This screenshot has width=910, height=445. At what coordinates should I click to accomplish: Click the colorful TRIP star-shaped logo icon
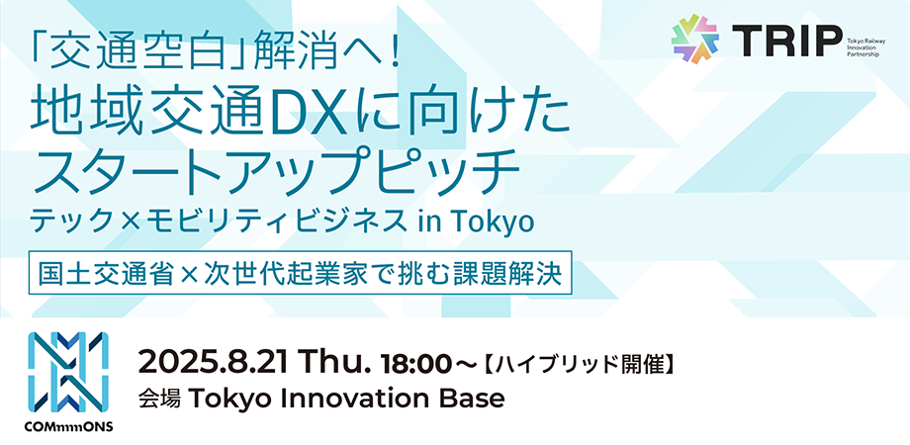pyautogui.click(x=695, y=39)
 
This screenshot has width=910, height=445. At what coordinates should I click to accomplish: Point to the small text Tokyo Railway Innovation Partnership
pyautogui.click(x=864, y=44)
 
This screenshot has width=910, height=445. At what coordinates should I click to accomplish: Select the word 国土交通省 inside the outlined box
pyautogui.click(x=106, y=273)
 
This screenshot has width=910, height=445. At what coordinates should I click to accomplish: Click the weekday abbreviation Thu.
pyautogui.click(x=332, y=364)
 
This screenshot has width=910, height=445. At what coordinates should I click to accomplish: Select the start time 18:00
pyautogui.click(x=415, y=364)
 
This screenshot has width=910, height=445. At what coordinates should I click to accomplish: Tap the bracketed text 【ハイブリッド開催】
pyautogui.click(x=579, y=365)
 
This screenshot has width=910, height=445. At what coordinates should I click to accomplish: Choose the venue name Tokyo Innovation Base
pyautogui.click(x=346, y=400)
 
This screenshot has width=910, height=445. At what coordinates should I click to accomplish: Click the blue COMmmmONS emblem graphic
pyautogui.click(x=68, y=371)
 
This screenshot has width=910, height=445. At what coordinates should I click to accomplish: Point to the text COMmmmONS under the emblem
pyautogui.click(x=68, y=427)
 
